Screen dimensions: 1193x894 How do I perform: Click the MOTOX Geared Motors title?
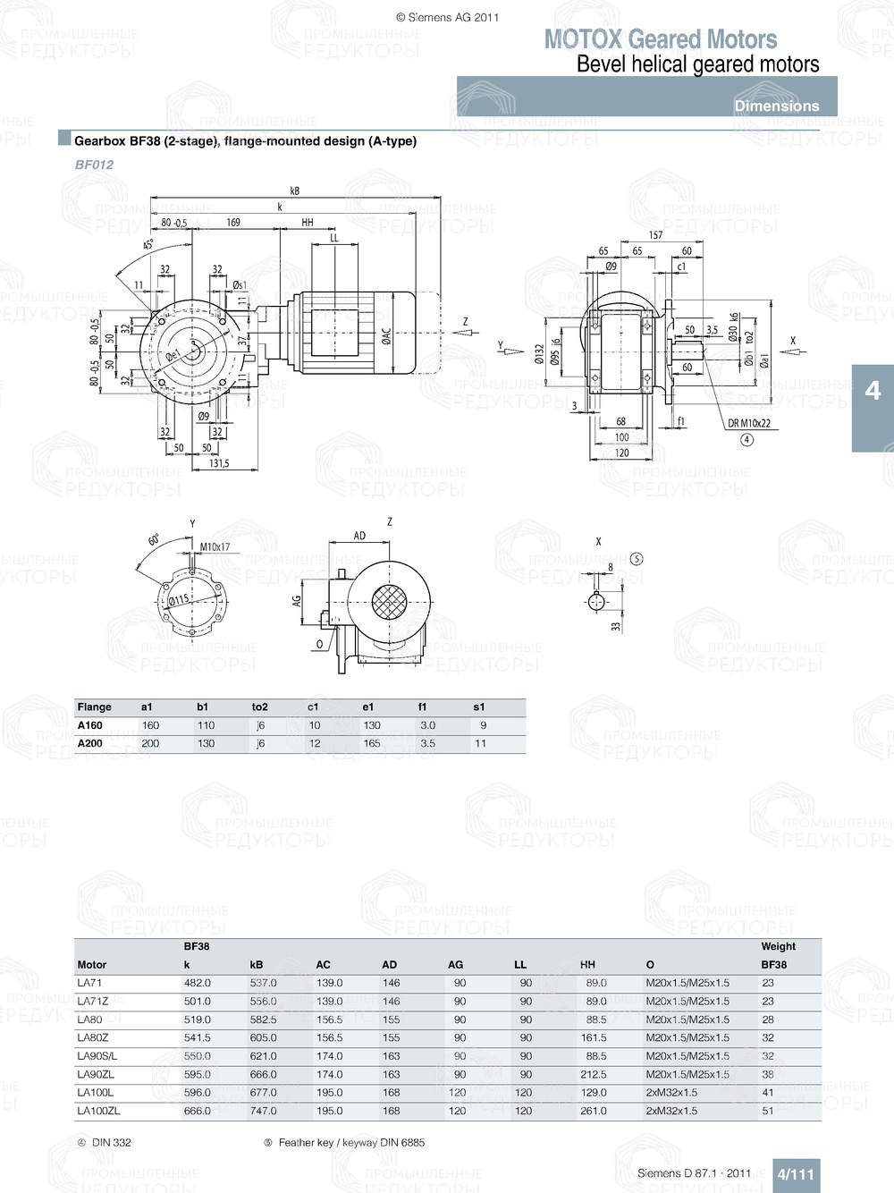[660, 39]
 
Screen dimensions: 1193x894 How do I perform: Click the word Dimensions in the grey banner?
[776, 106]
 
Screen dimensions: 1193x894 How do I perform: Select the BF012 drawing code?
[94, 165]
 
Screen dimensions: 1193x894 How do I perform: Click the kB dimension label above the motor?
[295, 190]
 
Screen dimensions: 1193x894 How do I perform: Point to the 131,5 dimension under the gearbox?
[219, 463]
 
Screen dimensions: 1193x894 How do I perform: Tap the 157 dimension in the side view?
[655, 235]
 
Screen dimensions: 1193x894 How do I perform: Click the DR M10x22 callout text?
[749, 423]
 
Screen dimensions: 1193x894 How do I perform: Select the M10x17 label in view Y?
[215, 546]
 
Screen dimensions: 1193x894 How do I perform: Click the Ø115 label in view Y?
[179, 600]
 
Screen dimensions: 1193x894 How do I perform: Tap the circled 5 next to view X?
[637, 559]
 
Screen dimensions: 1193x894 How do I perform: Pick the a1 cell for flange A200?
[150, 743]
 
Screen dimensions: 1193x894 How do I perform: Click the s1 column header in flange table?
[479, 706]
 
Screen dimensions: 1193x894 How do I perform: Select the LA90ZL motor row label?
[96, 1074]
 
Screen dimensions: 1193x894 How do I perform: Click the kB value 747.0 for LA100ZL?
[263, 1111]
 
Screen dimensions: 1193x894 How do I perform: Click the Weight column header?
[778, 946]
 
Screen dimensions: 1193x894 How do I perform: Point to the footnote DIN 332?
[111, 1142]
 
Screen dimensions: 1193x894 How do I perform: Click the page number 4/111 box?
[795, 1174]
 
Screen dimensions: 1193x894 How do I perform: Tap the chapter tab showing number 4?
[873, 391]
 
